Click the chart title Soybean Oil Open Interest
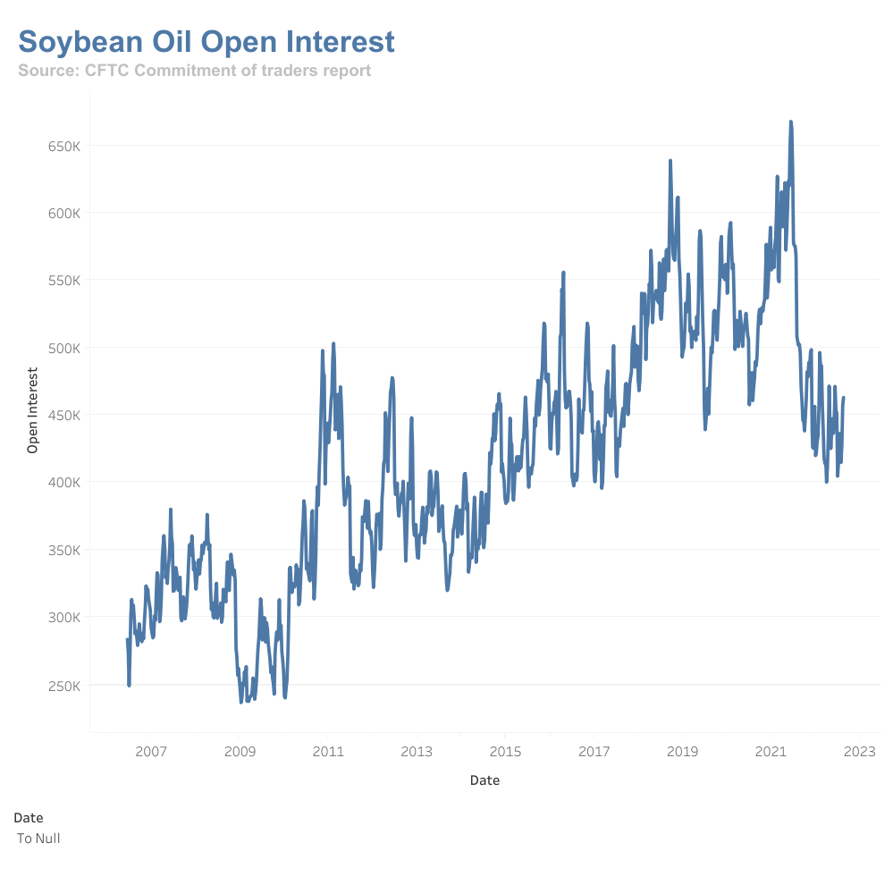coord(206,42)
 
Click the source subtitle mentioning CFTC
coord(194,71)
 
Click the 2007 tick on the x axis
coord(151,750)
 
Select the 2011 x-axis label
coord(328,750)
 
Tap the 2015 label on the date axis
coord(505,750)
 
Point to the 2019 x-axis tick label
coord(683,750)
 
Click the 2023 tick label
coord(860,750)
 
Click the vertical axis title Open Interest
coord(33,410)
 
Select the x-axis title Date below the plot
coord(484,780)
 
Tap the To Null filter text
coord(38,838)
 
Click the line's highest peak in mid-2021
coord(791,122)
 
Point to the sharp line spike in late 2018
coord(670,162)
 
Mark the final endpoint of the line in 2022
coord(844,399)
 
